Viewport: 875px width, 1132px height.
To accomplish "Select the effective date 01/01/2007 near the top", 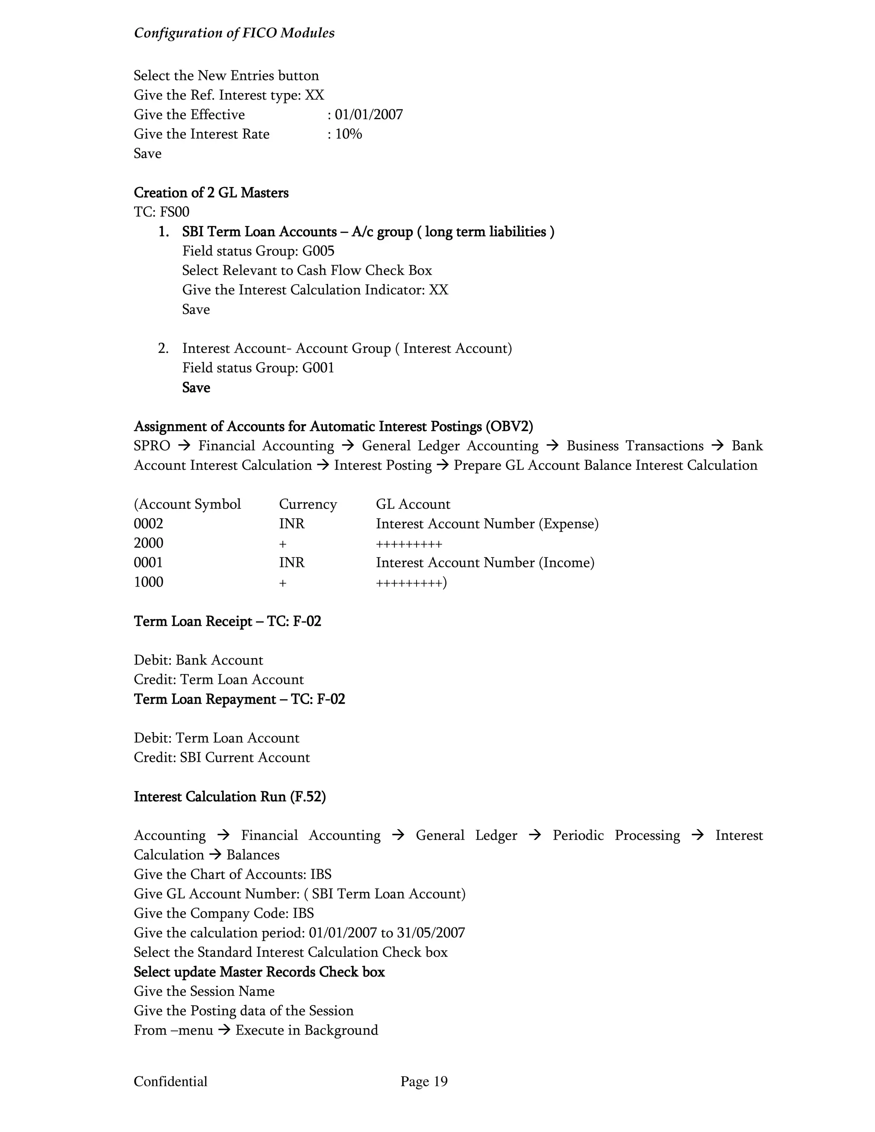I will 369,114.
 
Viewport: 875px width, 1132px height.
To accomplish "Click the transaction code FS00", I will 175,211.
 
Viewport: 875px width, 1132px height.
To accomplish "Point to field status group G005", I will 318,251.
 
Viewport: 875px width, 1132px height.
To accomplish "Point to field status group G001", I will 318,367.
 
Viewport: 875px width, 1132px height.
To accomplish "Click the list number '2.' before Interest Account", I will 163,348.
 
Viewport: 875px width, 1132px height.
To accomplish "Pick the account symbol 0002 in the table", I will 148,524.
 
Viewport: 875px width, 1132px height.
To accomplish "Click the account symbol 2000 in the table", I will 148,543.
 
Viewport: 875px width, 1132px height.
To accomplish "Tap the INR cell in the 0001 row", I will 292,563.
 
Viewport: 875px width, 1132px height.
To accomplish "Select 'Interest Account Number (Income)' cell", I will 484,563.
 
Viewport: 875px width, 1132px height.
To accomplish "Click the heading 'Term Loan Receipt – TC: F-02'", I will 227,621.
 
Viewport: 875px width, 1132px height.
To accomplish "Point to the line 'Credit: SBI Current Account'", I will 221,757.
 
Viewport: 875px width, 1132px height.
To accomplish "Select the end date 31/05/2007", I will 431,933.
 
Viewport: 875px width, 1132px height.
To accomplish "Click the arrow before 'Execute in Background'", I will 224,1030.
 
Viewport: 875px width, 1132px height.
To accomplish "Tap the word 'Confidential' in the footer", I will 170,1081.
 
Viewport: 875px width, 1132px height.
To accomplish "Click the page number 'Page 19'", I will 423,1081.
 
